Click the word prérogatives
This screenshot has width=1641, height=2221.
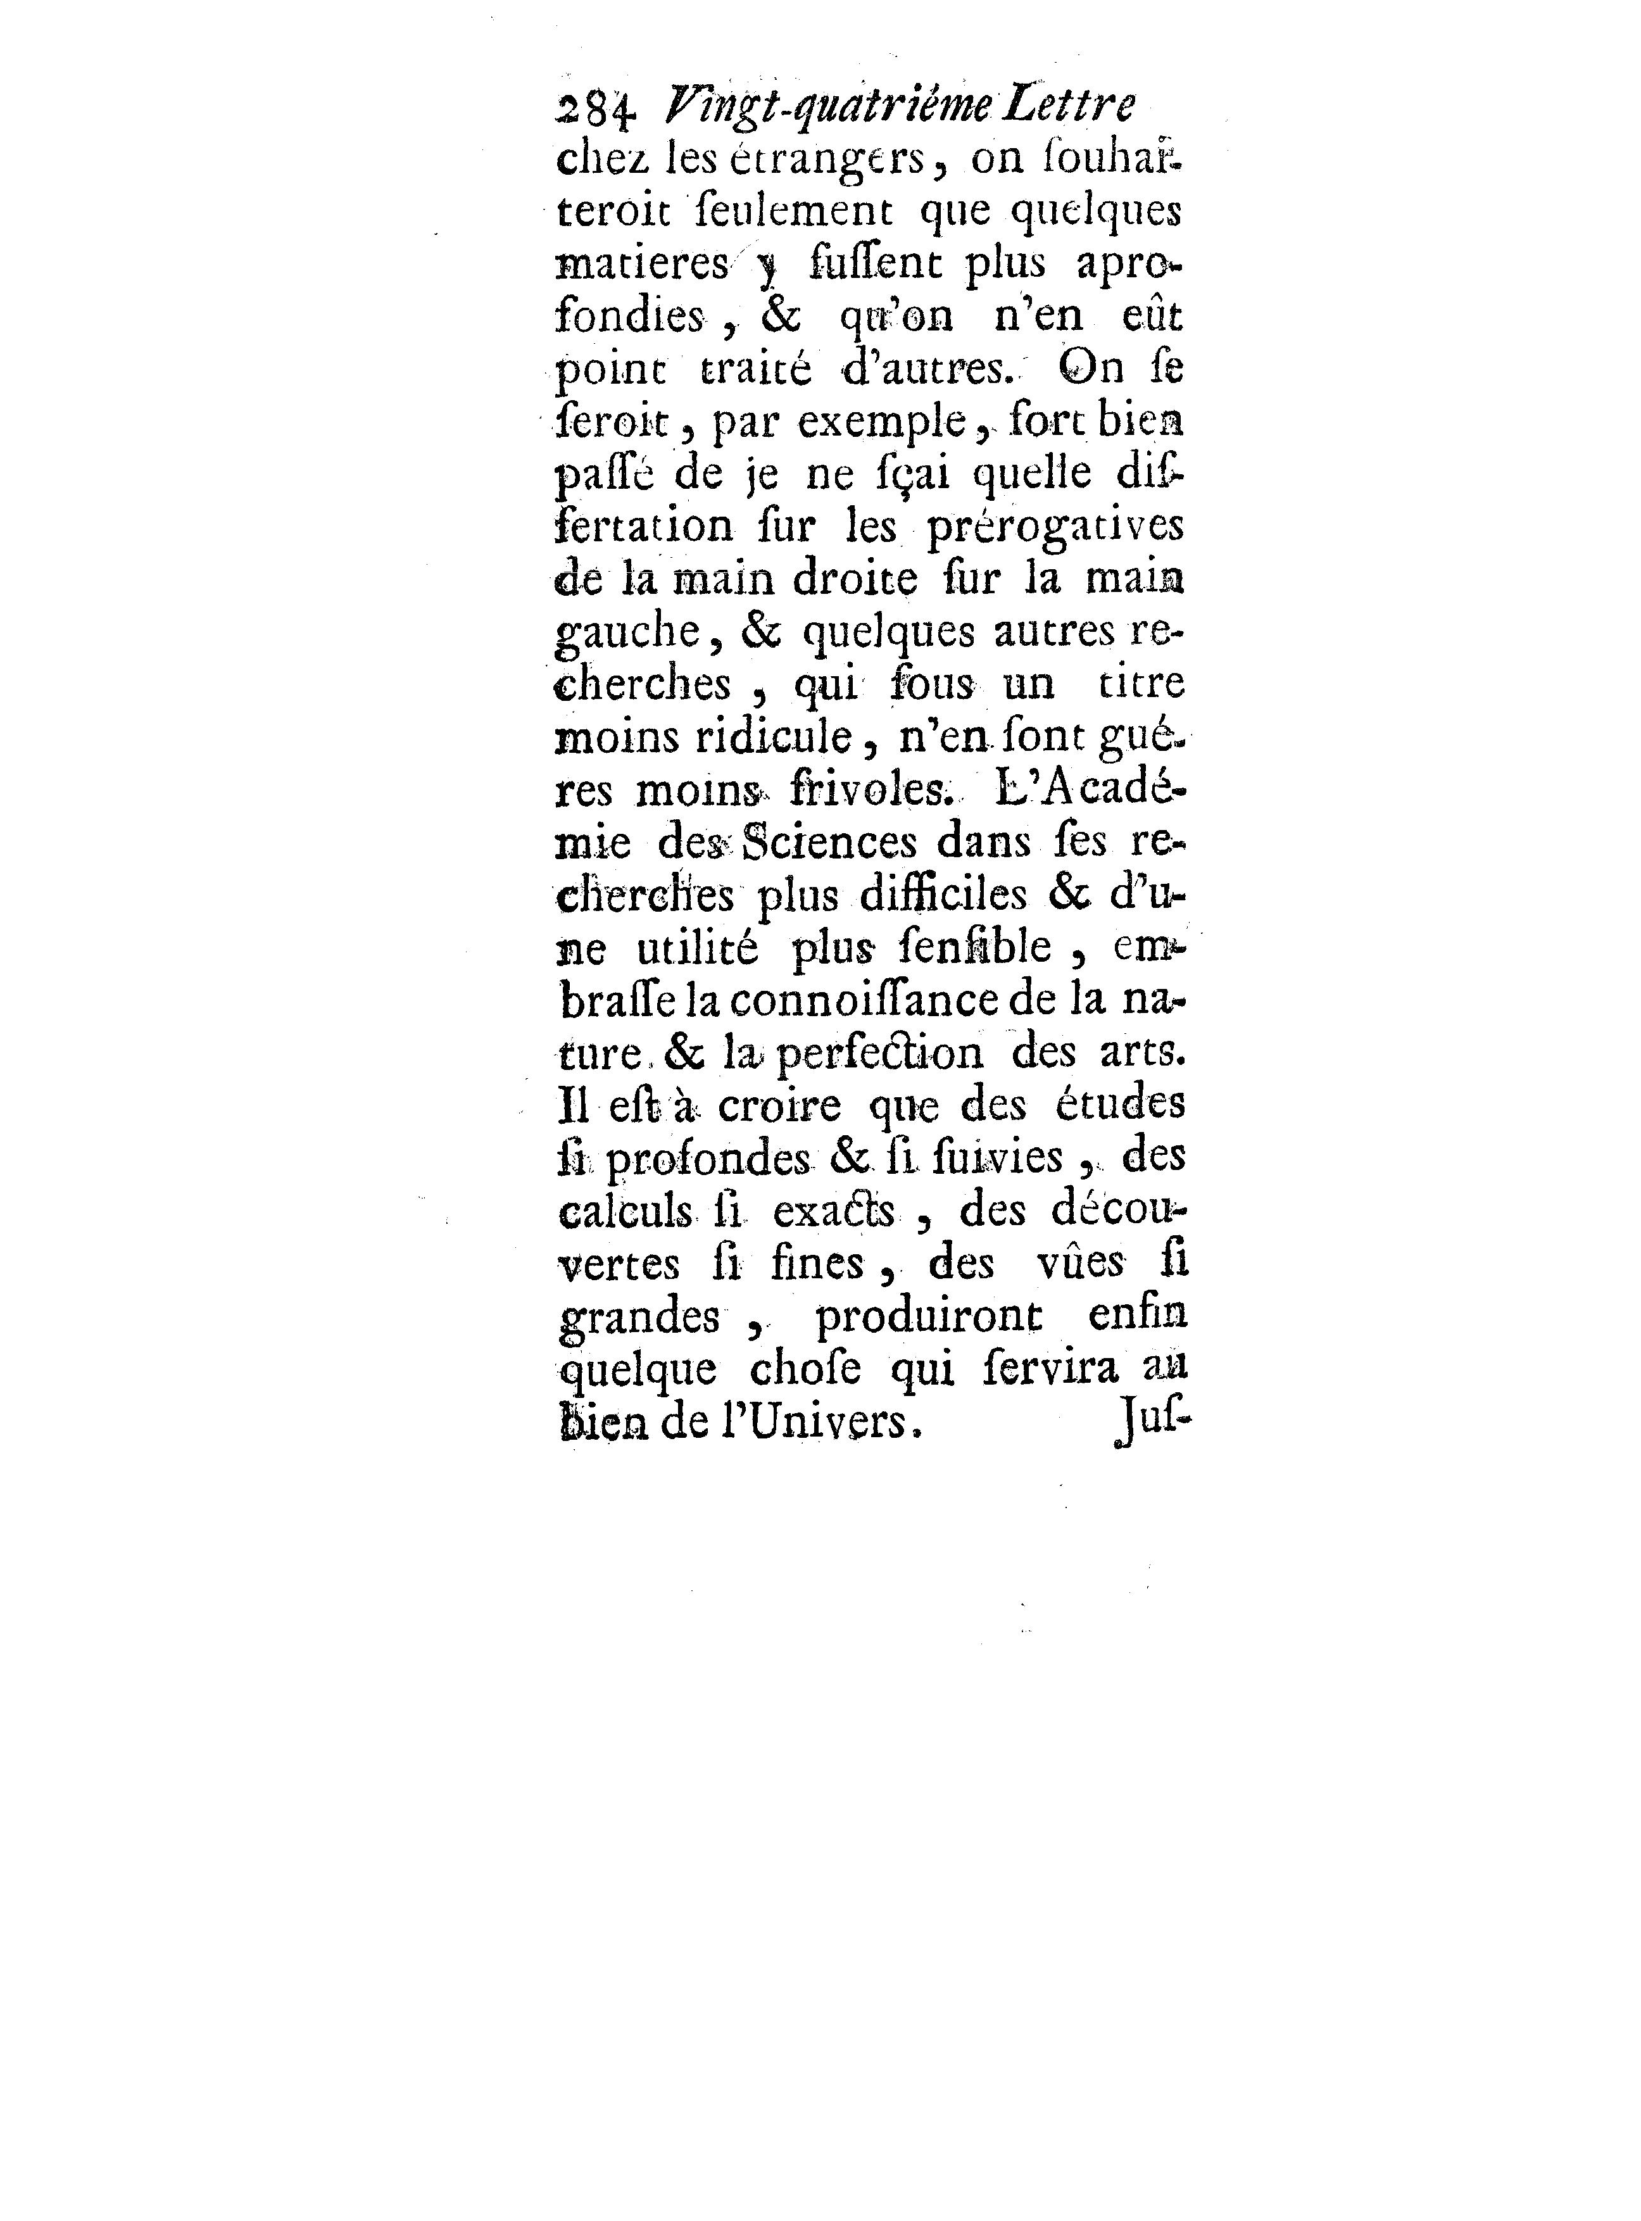point(1056,527)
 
